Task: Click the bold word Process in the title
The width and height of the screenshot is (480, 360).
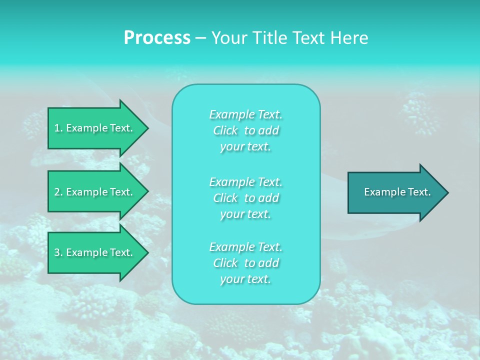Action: tap(157, 38)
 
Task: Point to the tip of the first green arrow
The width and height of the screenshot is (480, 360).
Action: tap(147, 128)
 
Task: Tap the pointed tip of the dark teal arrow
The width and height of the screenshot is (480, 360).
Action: tap(447, 192)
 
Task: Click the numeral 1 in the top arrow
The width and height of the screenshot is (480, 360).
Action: tap(57, 128)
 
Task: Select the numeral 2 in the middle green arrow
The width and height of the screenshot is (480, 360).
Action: tap(57, 192)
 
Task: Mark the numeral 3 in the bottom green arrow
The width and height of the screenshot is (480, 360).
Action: tap(57, 252)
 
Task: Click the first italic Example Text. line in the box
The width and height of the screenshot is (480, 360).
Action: tap(245, 114)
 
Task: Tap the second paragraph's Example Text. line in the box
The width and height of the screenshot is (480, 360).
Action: tap(245, 181)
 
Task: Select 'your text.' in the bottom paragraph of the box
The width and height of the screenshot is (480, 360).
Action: tap(245, 279)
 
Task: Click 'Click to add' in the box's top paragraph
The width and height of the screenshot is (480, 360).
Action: tap(245, 130)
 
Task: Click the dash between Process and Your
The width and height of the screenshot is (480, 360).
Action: tap(200, 38)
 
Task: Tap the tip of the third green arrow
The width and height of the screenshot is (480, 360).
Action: tap(147, 252)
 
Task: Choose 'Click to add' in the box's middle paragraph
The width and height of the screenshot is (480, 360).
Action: tap(245, 198)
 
